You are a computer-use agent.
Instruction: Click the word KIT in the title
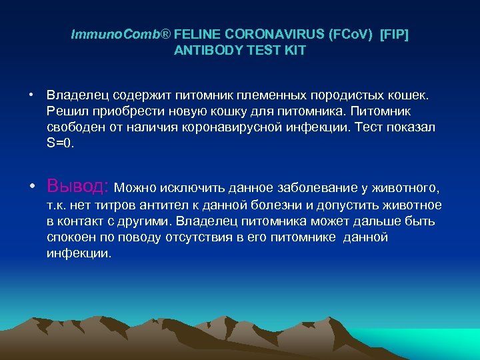pos(294,51)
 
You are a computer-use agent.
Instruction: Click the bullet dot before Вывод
pos(31,185)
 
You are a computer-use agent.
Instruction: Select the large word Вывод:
pos(79,185)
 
